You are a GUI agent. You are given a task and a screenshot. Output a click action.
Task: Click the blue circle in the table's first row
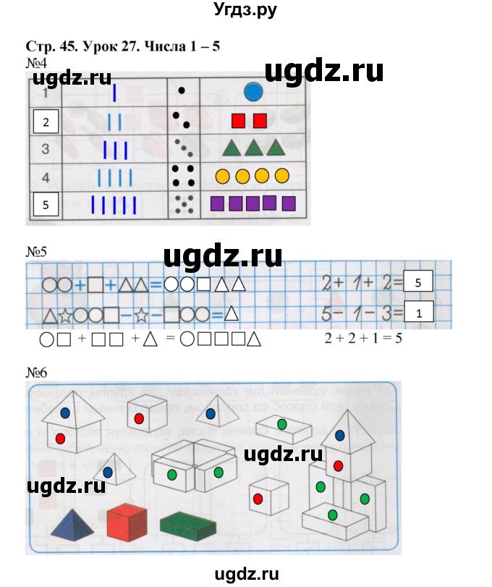tap(253, 92)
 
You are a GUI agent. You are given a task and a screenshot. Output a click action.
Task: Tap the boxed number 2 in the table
tap(46, 122)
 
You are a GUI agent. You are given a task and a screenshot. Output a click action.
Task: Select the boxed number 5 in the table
tap(46, 204)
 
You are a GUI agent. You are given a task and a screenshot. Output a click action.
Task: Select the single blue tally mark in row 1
tap(114, 93)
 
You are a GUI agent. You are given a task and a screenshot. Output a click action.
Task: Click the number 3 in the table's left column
tap(45, 150)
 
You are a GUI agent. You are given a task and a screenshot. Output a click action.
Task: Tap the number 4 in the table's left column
tap(45, 177)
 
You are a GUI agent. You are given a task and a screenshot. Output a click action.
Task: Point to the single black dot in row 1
tap(182, 91)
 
